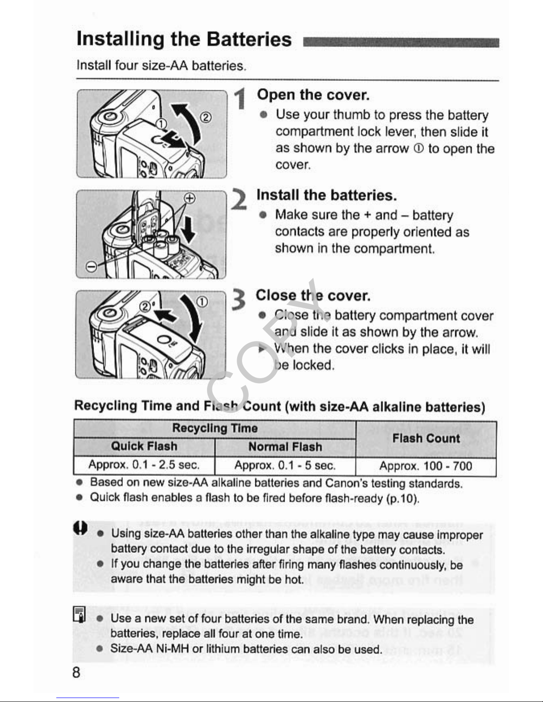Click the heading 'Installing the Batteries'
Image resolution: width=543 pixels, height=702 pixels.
click(x=184, y=39)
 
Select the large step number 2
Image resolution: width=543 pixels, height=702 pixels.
click(x=239, y=199)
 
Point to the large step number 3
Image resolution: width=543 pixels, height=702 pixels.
click(x=239, y=300)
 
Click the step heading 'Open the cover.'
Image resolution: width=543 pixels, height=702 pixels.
click(x=313, y=95)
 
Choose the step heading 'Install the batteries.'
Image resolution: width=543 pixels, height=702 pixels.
click(x=326, y=195)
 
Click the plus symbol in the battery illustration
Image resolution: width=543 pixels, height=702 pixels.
click(x=190, y=198)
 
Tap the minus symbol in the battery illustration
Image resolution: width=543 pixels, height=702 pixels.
click(x=91, y=267)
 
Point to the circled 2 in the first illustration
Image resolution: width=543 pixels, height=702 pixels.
click(x=206, y=117)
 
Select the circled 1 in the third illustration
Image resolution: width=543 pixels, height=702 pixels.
click(x=202, y=302)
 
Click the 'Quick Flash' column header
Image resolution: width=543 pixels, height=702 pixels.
click(x=144, y=446)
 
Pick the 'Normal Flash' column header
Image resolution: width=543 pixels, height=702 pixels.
click(x=285, y=447)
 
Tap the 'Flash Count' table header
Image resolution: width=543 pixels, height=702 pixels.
click(x=426, y=438)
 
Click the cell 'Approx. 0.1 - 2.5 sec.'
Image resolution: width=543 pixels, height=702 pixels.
click(x=144, y=465)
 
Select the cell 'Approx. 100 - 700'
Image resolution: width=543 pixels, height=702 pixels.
click(x=426, y=466)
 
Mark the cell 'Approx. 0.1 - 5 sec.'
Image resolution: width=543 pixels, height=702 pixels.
click(x=285, y=465)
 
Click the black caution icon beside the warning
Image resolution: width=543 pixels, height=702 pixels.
click(x=80, y=528)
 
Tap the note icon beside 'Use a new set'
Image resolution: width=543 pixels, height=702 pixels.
click(x=79, y=614)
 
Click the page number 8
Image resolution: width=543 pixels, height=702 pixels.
click(x=76, y=673)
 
